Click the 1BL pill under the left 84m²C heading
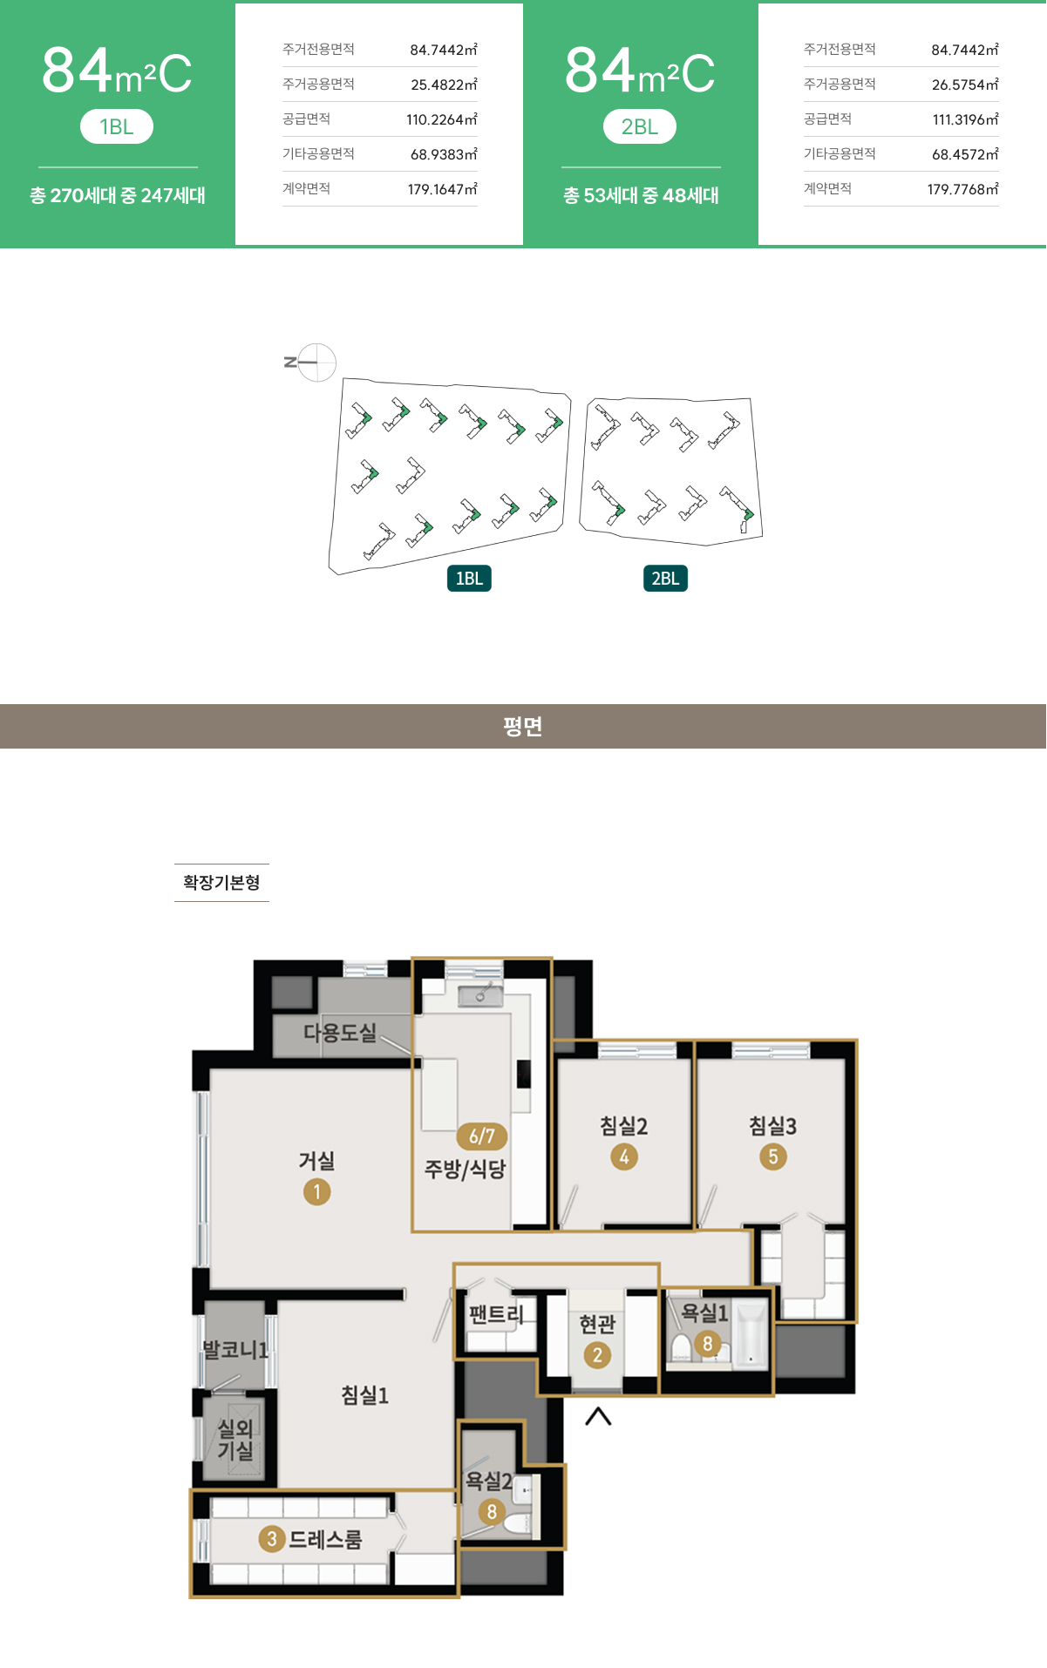click(117, 126)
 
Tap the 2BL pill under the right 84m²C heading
click(640, 126)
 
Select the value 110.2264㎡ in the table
click(442, 119)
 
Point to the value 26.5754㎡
click(965, 85)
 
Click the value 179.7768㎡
click(963, 189)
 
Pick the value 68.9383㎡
click(444, 154)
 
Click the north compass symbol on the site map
click(311, 363)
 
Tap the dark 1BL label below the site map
click(469, 579)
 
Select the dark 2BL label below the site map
click(665, 579)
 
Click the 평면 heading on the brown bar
click(523, 726)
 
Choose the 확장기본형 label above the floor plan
click(221, 882)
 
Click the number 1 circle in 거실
click(316, 1191)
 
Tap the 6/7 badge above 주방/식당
click(482, 1136)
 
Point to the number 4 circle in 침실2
click(624, 1156)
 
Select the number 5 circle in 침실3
click(773, 1156)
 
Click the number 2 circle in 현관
click(597, 1355)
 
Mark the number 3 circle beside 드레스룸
click(272, 1539)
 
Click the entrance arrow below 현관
click(598, 1416)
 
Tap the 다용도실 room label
click(340, 1033)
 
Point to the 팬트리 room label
click(496, 1313)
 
